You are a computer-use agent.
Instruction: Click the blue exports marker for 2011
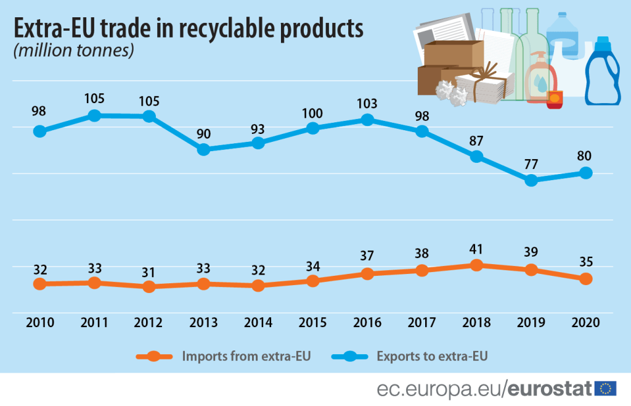click(94, 115)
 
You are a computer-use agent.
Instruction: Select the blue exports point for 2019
click(531, 180)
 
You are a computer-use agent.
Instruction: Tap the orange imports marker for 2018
click(476, 265)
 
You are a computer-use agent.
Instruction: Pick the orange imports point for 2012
click(149, 287)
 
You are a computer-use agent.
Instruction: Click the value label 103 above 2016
click(367, 102)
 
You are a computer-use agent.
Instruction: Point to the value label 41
click(476, 249)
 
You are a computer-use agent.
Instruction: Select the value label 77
click(531, 164)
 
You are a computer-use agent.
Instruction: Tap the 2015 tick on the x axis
click(313, 322)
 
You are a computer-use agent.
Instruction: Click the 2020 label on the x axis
click(585, 322)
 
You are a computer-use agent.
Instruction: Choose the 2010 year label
click(40, 322)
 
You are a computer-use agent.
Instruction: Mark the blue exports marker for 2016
click(367, 120)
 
